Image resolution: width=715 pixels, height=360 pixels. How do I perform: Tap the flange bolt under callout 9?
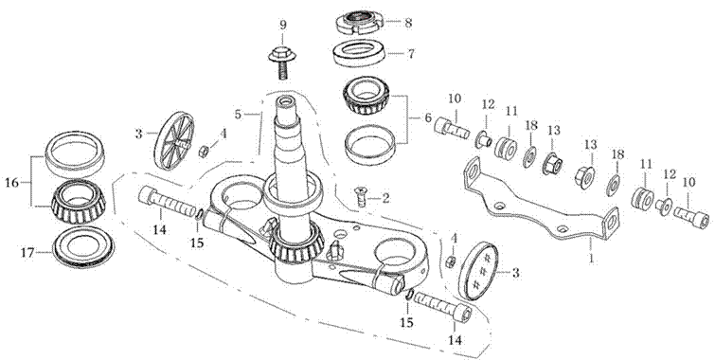[x=282, y=63]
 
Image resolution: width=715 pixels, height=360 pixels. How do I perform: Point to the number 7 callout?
[x=410, y=54]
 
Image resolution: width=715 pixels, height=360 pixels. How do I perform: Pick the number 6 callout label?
[x=427, y=117]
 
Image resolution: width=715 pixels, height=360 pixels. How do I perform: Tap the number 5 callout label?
[x=238, y=114]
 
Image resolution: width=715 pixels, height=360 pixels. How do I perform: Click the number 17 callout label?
[x=28, y=252]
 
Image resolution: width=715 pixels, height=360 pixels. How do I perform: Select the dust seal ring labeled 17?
[x=83, y=248]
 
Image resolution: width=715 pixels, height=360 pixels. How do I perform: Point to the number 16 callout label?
[x=12, y=183]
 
